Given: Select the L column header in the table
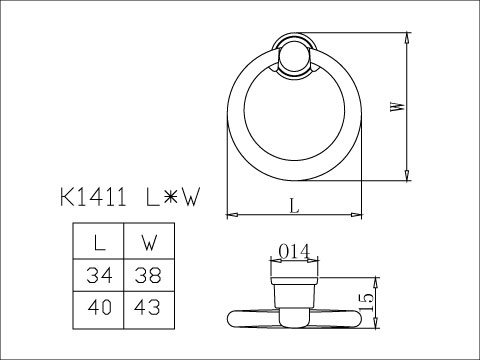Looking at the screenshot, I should point(98,243).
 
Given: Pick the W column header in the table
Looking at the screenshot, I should point(147,243).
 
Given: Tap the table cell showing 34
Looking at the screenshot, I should point(98,275).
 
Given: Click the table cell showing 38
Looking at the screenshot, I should point(147,275).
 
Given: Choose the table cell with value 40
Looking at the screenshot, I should point(98,308).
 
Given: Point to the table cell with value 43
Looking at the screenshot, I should point(147,308).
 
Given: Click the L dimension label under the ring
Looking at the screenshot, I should point(293,205).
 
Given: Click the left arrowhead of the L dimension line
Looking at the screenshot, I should point(231,214).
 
